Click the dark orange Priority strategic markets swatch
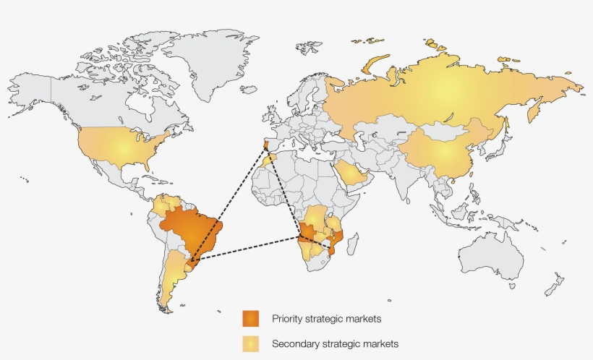[250, 318]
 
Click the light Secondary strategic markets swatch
[250, 344]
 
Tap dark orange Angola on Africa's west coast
[308, 239]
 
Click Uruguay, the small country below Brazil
[191, 267]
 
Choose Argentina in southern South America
[171, 278]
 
